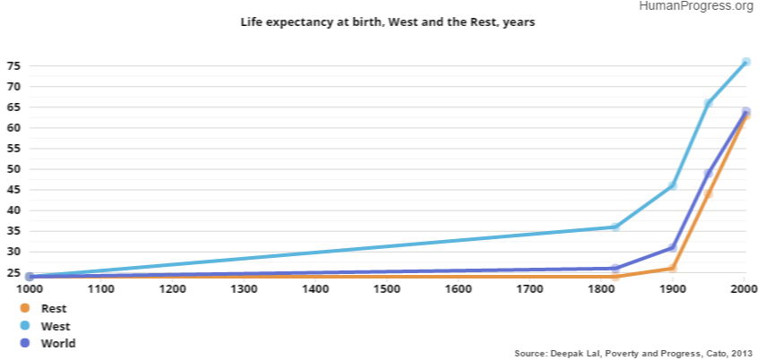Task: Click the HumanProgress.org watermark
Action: (697, 6)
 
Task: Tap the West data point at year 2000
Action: (744, 62)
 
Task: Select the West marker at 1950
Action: (709, 104)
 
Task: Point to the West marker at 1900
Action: (673, 185)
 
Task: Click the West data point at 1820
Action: (615, 227)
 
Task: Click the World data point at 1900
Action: (673, 247)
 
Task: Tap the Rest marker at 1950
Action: (709, 194)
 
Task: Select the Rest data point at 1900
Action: (673, 268)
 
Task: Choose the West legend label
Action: (56, 326)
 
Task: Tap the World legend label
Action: (58, 343)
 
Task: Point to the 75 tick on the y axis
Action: (13, 66)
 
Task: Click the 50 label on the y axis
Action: (13, 169)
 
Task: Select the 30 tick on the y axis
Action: (13, 252)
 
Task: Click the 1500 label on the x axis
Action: (387, 289)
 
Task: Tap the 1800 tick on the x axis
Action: (601, 289)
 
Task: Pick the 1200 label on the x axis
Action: (172, 289)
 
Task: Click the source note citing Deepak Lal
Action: (633, 352)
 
